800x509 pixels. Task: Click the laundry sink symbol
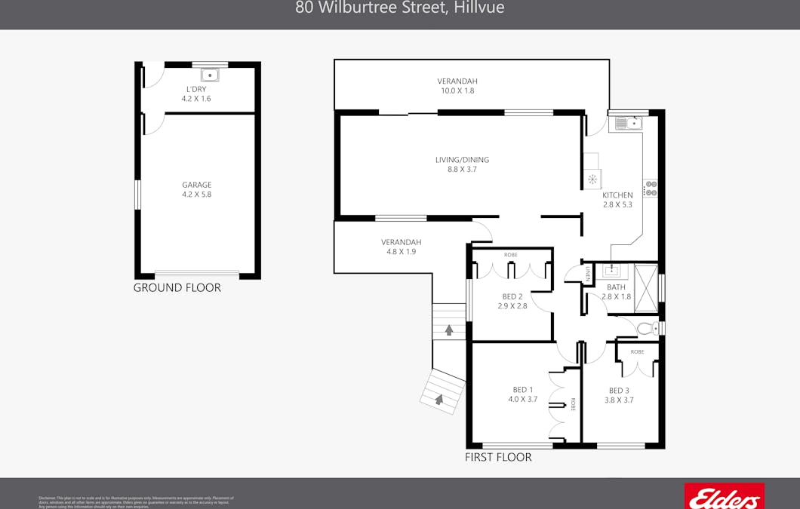pos(210,75)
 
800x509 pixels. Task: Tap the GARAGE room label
pos(196,185)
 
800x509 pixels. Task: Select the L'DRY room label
pos(196,89)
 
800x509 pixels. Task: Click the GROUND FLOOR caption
pos(177,287)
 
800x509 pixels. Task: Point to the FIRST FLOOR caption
pos(498,457)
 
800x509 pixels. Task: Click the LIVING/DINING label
pos(462,160)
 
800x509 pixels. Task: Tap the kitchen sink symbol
pos(628,122)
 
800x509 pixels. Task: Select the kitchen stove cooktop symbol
pos(651,189)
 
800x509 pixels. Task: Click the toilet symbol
pos(647,329)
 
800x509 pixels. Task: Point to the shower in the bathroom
pos(645,287)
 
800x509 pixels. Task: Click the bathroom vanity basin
pos(611,271)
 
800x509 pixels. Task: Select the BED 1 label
pos(522,390)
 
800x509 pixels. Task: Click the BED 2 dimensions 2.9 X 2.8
pos(512,306)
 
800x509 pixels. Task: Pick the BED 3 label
pos(619,391)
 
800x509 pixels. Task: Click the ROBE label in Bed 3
pos(638,352)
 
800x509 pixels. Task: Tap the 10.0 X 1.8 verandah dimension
pos(457,90)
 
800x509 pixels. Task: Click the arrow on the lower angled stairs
pos(438,399)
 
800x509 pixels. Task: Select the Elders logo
pos(724,498)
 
